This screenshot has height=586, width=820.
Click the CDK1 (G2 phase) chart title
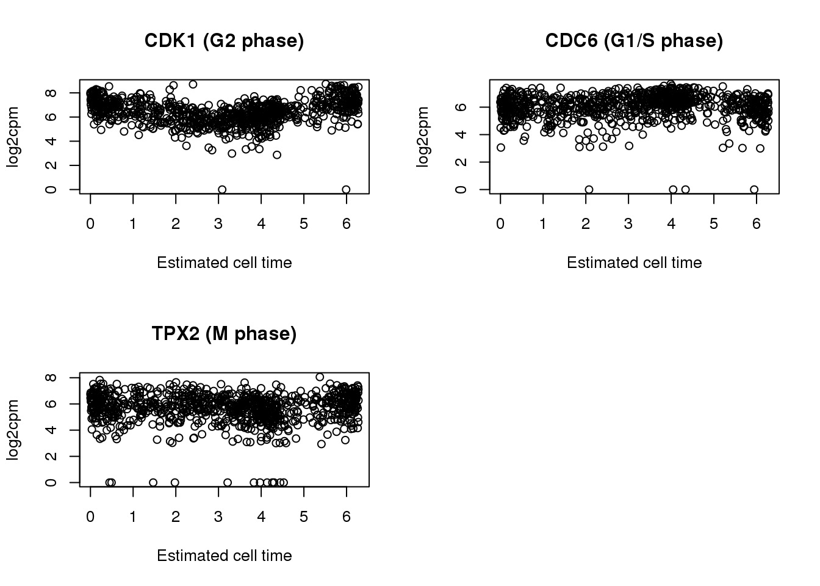coord(224,41)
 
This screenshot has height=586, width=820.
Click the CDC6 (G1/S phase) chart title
coord(634,41)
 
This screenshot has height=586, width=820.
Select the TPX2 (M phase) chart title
coord(224,334)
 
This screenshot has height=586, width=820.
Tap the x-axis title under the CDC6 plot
coord(634,262)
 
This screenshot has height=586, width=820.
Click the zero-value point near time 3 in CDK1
coord(222,190)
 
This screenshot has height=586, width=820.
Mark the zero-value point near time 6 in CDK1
coord(346,190)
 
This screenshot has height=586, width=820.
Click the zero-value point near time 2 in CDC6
coord(589,190)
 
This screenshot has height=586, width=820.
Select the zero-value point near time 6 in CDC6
coord(754,190)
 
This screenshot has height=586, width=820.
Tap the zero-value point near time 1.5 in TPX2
coord(153,482)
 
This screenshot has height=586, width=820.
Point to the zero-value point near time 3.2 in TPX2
coord(228,482)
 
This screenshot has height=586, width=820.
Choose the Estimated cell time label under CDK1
coord(224,262)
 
